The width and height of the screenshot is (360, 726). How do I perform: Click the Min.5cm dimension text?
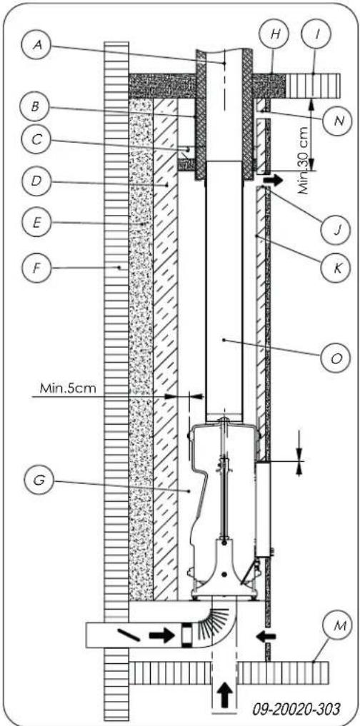tap(64, 390)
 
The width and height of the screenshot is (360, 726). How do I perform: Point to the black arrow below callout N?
tap(274, 174)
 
